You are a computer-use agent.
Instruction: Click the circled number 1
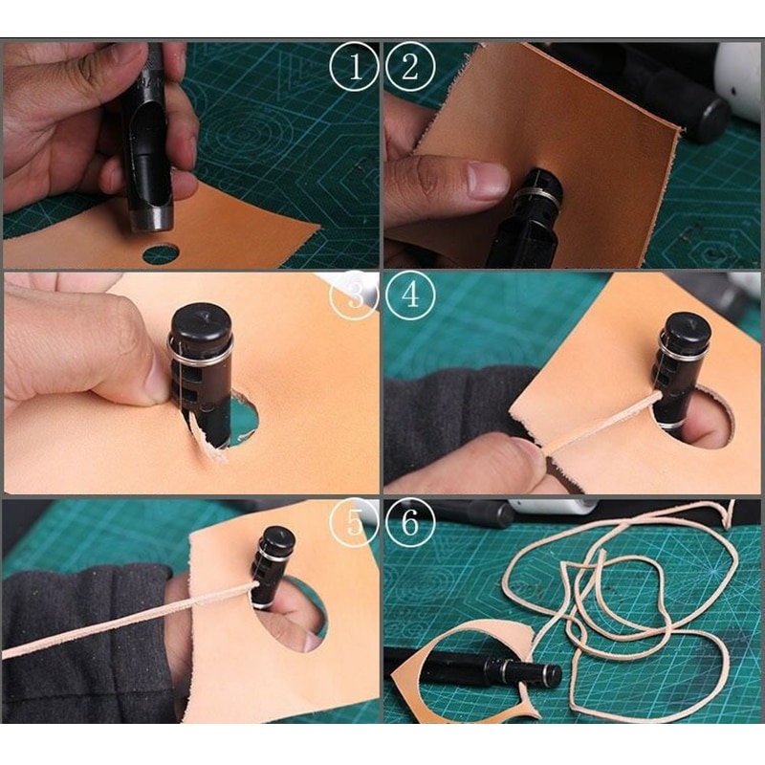pos(353,66)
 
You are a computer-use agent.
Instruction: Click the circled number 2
pos(412,66)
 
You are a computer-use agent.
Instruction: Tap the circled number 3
pos(353,295)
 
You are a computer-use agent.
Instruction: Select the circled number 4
pos(412,295)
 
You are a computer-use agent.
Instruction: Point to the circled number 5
pos(353,522)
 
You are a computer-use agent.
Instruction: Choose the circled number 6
pos(412,522)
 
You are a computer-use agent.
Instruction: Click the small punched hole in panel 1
pos(160,253)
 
